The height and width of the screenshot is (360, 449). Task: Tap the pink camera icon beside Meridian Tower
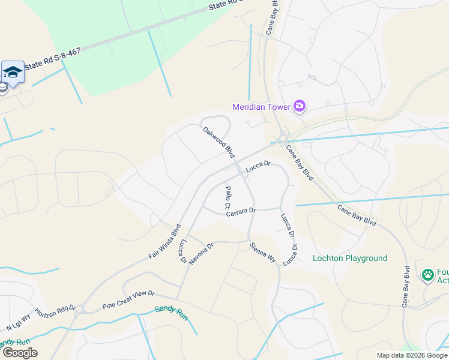(300, 107)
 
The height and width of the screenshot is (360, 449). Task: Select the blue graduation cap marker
(13, 72)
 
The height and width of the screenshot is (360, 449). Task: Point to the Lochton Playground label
(350, 259)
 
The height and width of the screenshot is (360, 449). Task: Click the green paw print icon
(428, 275)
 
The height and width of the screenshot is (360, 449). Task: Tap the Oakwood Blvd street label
(218, 142)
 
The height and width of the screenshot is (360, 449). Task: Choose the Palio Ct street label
(228, 197)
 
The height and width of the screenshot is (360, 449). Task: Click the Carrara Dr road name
(241, 211)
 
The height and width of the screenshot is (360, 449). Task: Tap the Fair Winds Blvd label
(164, 242)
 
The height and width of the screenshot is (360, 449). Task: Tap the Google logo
(20, 353)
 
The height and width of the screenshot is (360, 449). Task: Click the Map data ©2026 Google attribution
(411, 355)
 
